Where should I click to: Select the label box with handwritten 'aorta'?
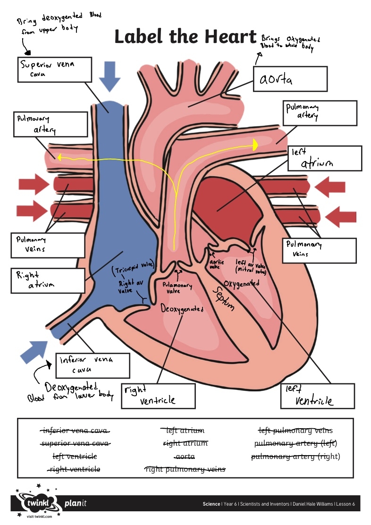coord(290,78)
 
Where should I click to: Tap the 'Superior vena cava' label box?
coord(54,69)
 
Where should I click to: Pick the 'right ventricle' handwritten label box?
coord(158,396)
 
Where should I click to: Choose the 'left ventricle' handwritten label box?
coord(317,396)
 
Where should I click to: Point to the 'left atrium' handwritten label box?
coord(324,158)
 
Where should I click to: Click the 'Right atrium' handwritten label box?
coord(47,280)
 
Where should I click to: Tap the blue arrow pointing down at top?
coord(110,76)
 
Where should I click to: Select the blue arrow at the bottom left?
coord(35,350)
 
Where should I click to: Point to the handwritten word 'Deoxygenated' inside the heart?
coord(182,309)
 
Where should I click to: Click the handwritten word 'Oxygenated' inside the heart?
coord(242,284)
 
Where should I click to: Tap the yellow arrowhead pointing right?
coord(255,145)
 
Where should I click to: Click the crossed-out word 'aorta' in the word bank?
coord(184,457)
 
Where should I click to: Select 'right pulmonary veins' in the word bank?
coord(185,469)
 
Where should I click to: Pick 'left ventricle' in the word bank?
coord(75,457)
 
